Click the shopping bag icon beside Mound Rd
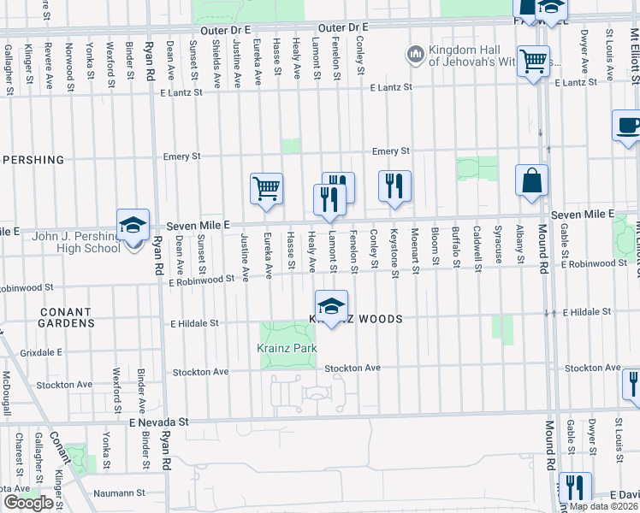click(x=531, y=180)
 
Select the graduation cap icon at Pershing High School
click(x=133, y=226)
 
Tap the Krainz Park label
click(x=287, y=348)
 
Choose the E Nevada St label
click(x=159, y=422)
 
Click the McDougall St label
click(x=6, y=393)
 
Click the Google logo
click(x=28, y=503)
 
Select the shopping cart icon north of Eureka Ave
click(x=266, y=189)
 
